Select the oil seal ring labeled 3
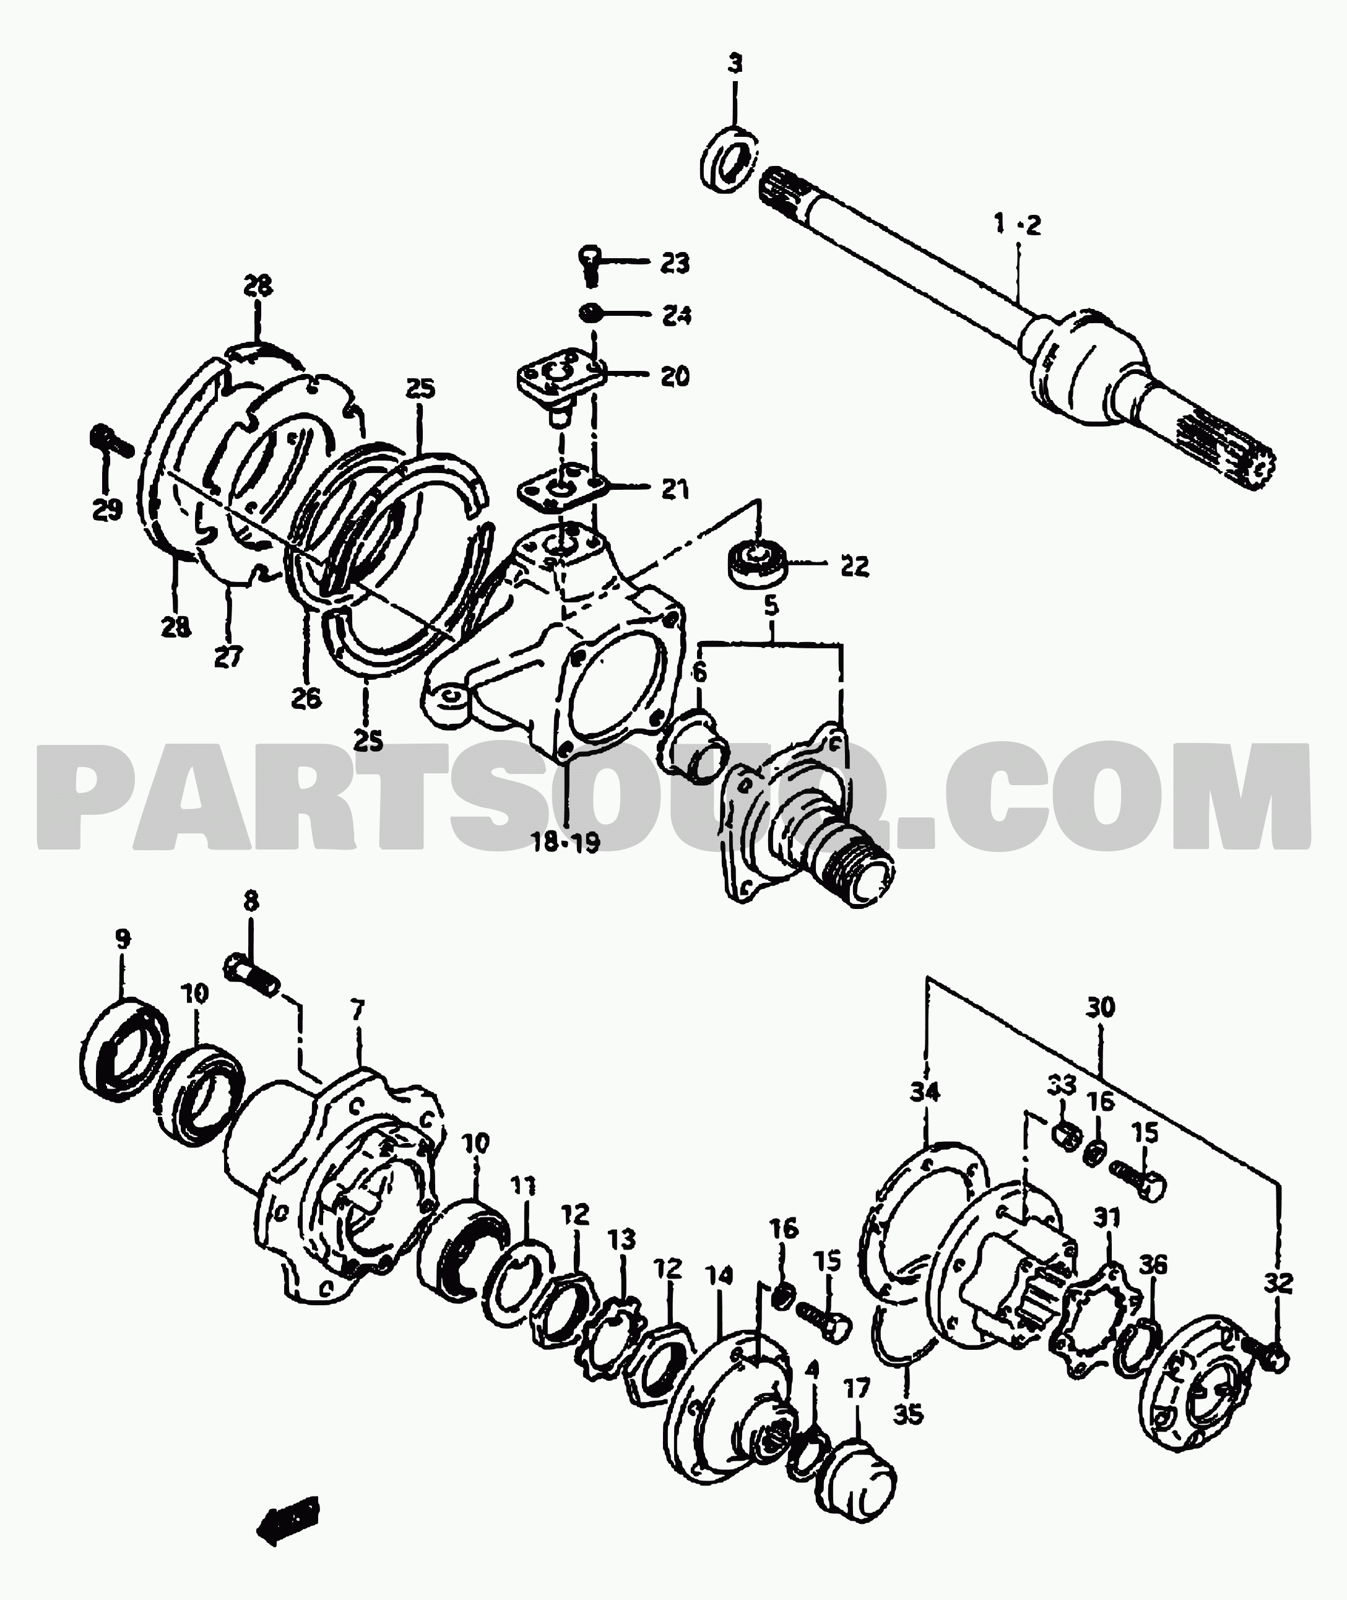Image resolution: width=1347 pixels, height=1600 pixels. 730,159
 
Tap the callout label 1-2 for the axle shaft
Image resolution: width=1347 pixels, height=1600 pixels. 1018,225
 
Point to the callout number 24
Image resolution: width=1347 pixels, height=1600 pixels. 676,315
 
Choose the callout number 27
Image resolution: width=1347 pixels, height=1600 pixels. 228,657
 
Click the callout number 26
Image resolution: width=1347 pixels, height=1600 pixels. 306,697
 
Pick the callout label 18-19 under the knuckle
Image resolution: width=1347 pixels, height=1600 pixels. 566,842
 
